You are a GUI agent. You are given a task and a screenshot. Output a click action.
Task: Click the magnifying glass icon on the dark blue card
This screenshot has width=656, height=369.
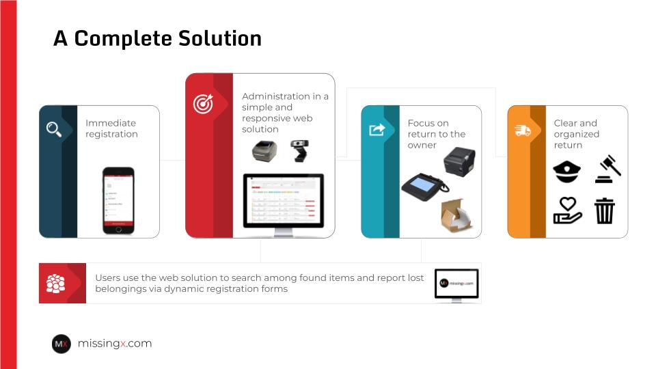point(54,129)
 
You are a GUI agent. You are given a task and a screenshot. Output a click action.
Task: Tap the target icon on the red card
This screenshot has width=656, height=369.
point(204,103)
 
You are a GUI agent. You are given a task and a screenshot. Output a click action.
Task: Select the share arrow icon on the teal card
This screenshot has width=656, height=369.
point(377,130)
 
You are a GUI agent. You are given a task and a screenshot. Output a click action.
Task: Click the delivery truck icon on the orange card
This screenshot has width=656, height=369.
point(523,131)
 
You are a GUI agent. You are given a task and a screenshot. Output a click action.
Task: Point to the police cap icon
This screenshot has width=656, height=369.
point(567,172)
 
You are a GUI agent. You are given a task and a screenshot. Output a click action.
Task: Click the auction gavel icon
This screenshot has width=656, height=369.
point(608,169)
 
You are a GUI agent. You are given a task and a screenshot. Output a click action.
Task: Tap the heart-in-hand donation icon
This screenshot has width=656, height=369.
point(567,210)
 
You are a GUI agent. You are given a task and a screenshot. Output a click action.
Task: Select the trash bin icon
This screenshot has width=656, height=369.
point(605,211)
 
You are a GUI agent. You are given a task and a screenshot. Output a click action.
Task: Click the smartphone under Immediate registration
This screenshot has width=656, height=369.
point(118,201)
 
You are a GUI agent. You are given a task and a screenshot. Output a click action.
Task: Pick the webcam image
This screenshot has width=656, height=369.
point(299,151)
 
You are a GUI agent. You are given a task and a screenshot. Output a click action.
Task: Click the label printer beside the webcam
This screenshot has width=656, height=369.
point(264,151)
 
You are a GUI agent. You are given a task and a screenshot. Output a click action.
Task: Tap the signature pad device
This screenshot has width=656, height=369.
point(424,187)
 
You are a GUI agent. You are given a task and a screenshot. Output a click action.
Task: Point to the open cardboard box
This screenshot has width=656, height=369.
point(456,215)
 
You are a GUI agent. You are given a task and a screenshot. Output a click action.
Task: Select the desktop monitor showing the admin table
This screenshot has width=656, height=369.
point(284,205)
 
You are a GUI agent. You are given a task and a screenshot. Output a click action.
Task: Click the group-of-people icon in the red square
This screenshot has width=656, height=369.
point(55,283)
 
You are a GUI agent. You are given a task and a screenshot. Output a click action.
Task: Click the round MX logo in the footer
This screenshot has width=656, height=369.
point(61,344)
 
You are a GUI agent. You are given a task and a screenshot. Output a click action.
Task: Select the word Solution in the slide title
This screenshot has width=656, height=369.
point(220,38)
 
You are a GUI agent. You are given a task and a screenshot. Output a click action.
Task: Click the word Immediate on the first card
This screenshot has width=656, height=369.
point(111,123)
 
